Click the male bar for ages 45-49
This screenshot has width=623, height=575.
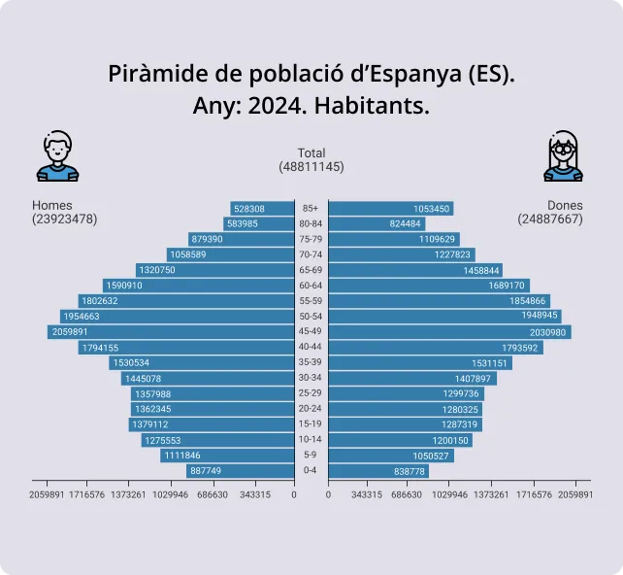pyautogui.click(x=171, y=332)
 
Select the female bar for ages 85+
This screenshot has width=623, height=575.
pyautogui.click(x=390, y=209)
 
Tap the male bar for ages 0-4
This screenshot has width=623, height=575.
pyautogui.click(x=240, y=471)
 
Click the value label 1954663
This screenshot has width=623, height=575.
pyautogui.click(x=82, y=317)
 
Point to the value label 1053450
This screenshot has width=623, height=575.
pyautogui.click(x=432, y=209)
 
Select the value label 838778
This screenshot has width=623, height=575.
pyautogui.click(x=410, y=471)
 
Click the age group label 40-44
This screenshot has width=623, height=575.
pyautogui.click(x=311, y=348)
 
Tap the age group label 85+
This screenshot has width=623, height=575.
pyautogui.click(x=311, y=209)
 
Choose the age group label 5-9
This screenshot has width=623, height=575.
pyautogui.click(x=311, y=456)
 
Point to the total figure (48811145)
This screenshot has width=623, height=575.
pyautogui.click(x=311, y=167)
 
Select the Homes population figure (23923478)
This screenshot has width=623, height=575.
pyautogui.click(x=64, y=220)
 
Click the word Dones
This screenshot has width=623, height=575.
pyautogui.click(x=565, y=206)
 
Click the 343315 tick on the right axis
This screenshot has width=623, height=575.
pyautogui.click(x=367, y=494)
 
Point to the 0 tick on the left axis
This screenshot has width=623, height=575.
pyautogui.click(x=293, y=494)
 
